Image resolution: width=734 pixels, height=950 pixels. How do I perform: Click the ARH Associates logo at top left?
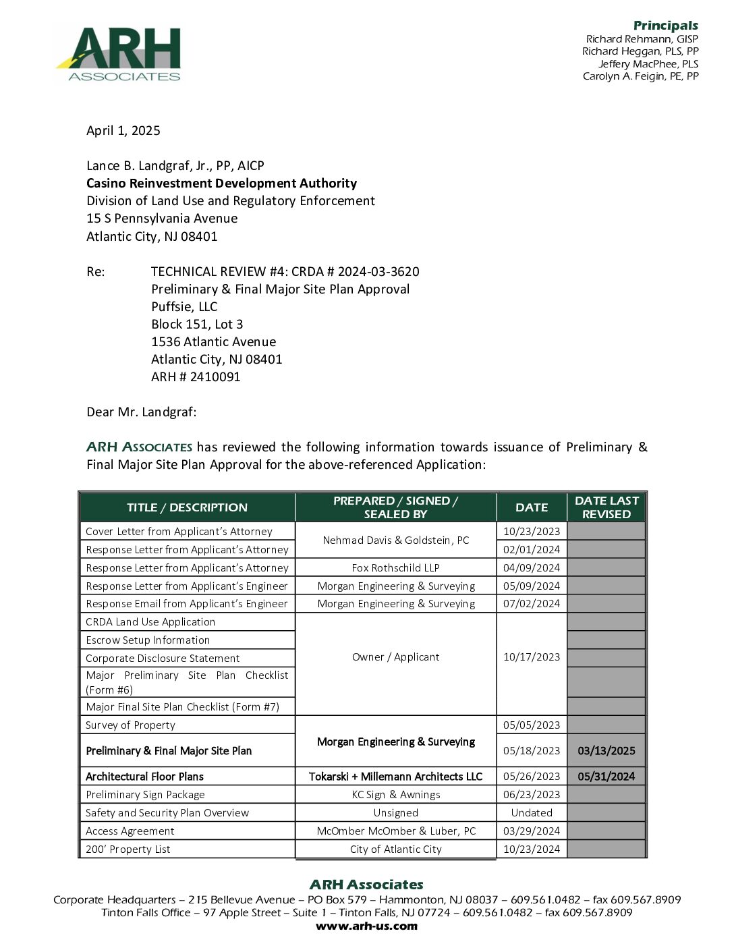pos(119,54)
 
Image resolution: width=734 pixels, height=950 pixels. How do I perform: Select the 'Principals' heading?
pos(665,26)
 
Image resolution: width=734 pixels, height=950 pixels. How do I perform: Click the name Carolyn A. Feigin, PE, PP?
pos(640,76)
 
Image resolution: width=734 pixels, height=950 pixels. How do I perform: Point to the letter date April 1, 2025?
pos(123,131)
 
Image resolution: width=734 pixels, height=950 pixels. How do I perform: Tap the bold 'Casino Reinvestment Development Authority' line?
pos(221,184)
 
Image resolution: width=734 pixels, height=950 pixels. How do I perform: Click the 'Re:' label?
pos(96,272)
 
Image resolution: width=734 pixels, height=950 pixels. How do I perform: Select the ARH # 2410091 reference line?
pos(196,377)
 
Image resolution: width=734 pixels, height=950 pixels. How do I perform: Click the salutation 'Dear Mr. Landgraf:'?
pos(142,412)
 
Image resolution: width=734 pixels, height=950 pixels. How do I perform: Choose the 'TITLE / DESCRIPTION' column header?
pos(187,507)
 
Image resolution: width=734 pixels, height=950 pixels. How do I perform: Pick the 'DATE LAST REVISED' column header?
pos(606,507)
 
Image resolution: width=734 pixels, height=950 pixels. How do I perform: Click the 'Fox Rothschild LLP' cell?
pos(395,568)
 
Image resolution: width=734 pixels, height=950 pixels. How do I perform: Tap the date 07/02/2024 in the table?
pos(532,604)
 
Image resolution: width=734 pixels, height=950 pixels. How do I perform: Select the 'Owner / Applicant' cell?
pos(395,657)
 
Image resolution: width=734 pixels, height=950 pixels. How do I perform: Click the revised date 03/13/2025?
pos(606,751)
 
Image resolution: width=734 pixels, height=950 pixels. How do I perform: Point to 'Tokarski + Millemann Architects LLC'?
pos(395,777)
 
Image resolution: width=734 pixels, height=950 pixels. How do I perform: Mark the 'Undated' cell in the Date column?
pos(532,813)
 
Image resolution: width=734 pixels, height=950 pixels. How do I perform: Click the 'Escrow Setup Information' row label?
pos(148,640)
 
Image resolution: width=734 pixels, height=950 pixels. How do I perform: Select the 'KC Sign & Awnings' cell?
pos(395,795)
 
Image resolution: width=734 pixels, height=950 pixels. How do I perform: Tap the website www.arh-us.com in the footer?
pos(366,926)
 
